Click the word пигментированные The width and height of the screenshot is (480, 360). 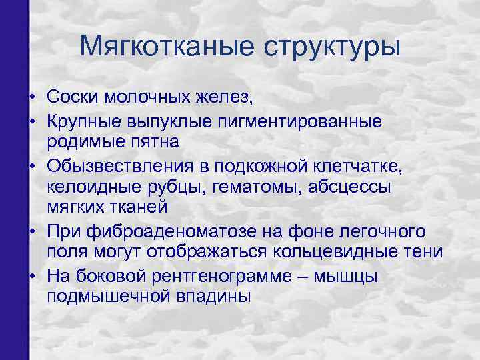[300, 121]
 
